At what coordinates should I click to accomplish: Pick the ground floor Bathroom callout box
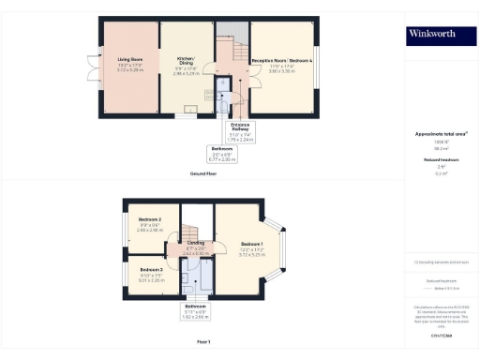223,154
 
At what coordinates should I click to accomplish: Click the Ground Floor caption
202,174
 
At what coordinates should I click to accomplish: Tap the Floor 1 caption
202,341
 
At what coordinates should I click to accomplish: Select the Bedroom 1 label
248,249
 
